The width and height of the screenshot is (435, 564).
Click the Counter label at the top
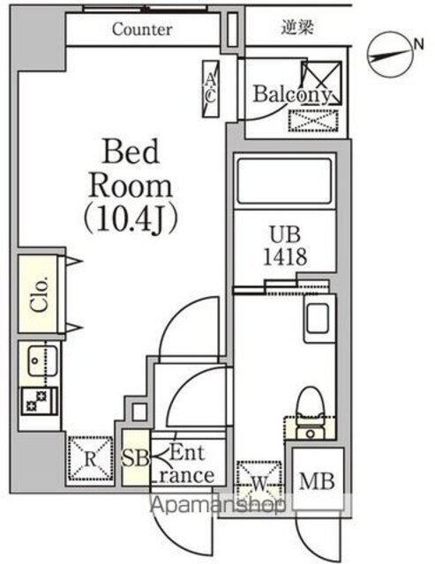141,29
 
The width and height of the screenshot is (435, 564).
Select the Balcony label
293,94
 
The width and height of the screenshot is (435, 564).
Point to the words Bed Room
132,168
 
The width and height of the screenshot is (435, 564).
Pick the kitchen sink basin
39,360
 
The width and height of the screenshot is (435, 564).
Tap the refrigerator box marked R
89,458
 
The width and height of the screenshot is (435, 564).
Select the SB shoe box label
136,459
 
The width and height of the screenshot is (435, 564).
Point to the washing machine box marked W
259,482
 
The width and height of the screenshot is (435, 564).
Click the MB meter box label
315,482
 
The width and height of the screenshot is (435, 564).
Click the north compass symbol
389,52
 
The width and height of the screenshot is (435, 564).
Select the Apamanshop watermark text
221,507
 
